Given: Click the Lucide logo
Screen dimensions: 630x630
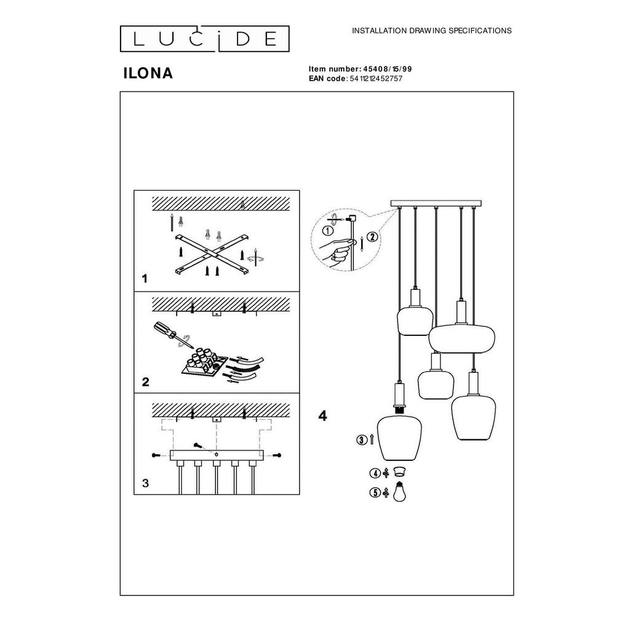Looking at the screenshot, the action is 204,39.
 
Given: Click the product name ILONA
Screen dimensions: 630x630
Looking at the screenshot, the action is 148,73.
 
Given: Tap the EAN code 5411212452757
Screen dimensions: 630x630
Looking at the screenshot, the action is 376,79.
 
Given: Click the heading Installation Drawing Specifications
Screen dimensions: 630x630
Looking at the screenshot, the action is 431,31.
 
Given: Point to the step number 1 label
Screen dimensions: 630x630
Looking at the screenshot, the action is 145,279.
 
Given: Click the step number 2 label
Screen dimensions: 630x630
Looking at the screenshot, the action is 145,381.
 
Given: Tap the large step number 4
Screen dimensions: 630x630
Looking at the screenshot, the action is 322,416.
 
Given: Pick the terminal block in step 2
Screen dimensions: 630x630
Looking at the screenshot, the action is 204,362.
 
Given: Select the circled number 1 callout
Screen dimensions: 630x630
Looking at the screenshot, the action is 329,231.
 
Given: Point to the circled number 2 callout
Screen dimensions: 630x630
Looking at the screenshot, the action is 372,237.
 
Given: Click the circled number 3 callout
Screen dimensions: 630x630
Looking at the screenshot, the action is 362,441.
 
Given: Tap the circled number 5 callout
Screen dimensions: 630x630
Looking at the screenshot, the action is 375,493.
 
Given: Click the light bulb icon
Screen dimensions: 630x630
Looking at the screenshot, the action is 399,492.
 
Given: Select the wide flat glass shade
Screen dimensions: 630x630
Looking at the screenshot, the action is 461,338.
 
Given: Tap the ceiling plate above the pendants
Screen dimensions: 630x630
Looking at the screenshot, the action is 436,203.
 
